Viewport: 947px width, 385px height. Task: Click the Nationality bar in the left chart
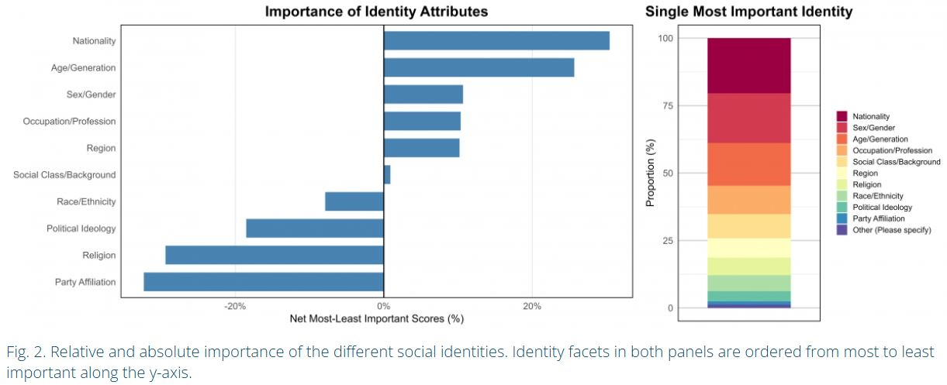tap(496, 40)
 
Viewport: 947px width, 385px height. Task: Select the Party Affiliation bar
tap(264, 281)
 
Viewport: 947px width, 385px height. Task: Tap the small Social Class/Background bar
tap(387, 174)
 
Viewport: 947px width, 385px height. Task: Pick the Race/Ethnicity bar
tap(354, 201)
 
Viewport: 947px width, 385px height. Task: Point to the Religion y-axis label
tap(99, 255)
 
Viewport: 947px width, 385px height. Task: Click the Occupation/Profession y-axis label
tap(69, 121)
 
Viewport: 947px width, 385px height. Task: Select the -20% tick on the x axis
tap(235, 306)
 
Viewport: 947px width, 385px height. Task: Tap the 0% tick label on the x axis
tap(383, 306)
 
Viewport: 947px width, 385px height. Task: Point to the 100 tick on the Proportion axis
tap(665, 38)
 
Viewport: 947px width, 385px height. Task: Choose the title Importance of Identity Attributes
tap(377, 12)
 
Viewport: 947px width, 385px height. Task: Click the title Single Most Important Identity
tap(748, 12)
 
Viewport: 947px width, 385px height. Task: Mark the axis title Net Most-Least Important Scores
tap(376, 318)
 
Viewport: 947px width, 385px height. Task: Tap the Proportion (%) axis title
tap(651, 173)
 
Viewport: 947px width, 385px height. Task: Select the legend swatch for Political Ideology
tap(842, 207)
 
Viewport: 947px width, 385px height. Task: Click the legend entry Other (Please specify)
tap(891, 230)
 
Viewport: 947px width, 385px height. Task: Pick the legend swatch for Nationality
tap(842, 116)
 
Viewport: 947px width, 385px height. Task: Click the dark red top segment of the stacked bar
tap(748, 65)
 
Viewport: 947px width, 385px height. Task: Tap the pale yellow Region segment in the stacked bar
tap(748, 247)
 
